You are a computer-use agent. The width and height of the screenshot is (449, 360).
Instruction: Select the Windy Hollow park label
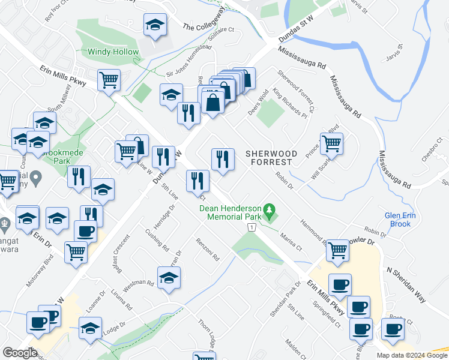click(113, 52)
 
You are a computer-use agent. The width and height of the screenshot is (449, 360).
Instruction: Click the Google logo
click(20, 353)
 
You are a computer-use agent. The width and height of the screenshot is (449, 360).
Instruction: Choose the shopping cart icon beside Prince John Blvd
click(331, 143)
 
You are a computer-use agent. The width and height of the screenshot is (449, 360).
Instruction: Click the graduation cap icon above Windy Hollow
click(155, 26)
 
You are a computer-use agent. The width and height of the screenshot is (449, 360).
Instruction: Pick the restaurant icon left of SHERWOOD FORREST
click(223, 159)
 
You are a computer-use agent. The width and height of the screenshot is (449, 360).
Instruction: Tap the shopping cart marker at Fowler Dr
click(338, 250)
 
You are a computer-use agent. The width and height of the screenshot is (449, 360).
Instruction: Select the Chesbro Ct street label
click(431, 150)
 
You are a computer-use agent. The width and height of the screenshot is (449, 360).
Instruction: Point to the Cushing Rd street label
click(157, 240)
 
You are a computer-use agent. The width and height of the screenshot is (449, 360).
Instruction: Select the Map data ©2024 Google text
click(411, 355)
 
